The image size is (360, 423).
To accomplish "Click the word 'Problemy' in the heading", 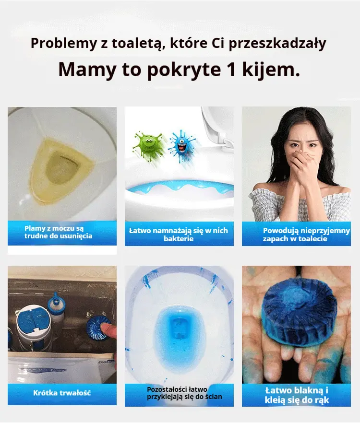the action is [63, 44].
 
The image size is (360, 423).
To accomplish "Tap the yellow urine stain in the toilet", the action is [61, 169].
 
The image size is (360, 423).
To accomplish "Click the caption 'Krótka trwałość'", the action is [62, 393].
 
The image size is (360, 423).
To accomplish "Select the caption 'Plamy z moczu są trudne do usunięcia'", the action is [58, 232].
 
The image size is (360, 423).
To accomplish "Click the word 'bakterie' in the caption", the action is [179, 238].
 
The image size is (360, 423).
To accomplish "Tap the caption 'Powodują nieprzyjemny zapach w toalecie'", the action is [306, 235].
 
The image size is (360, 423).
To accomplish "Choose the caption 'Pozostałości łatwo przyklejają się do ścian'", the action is [184, 393].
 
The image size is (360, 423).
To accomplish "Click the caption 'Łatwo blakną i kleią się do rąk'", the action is [297, 395].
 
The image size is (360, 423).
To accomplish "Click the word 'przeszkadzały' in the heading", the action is [277, 44].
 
